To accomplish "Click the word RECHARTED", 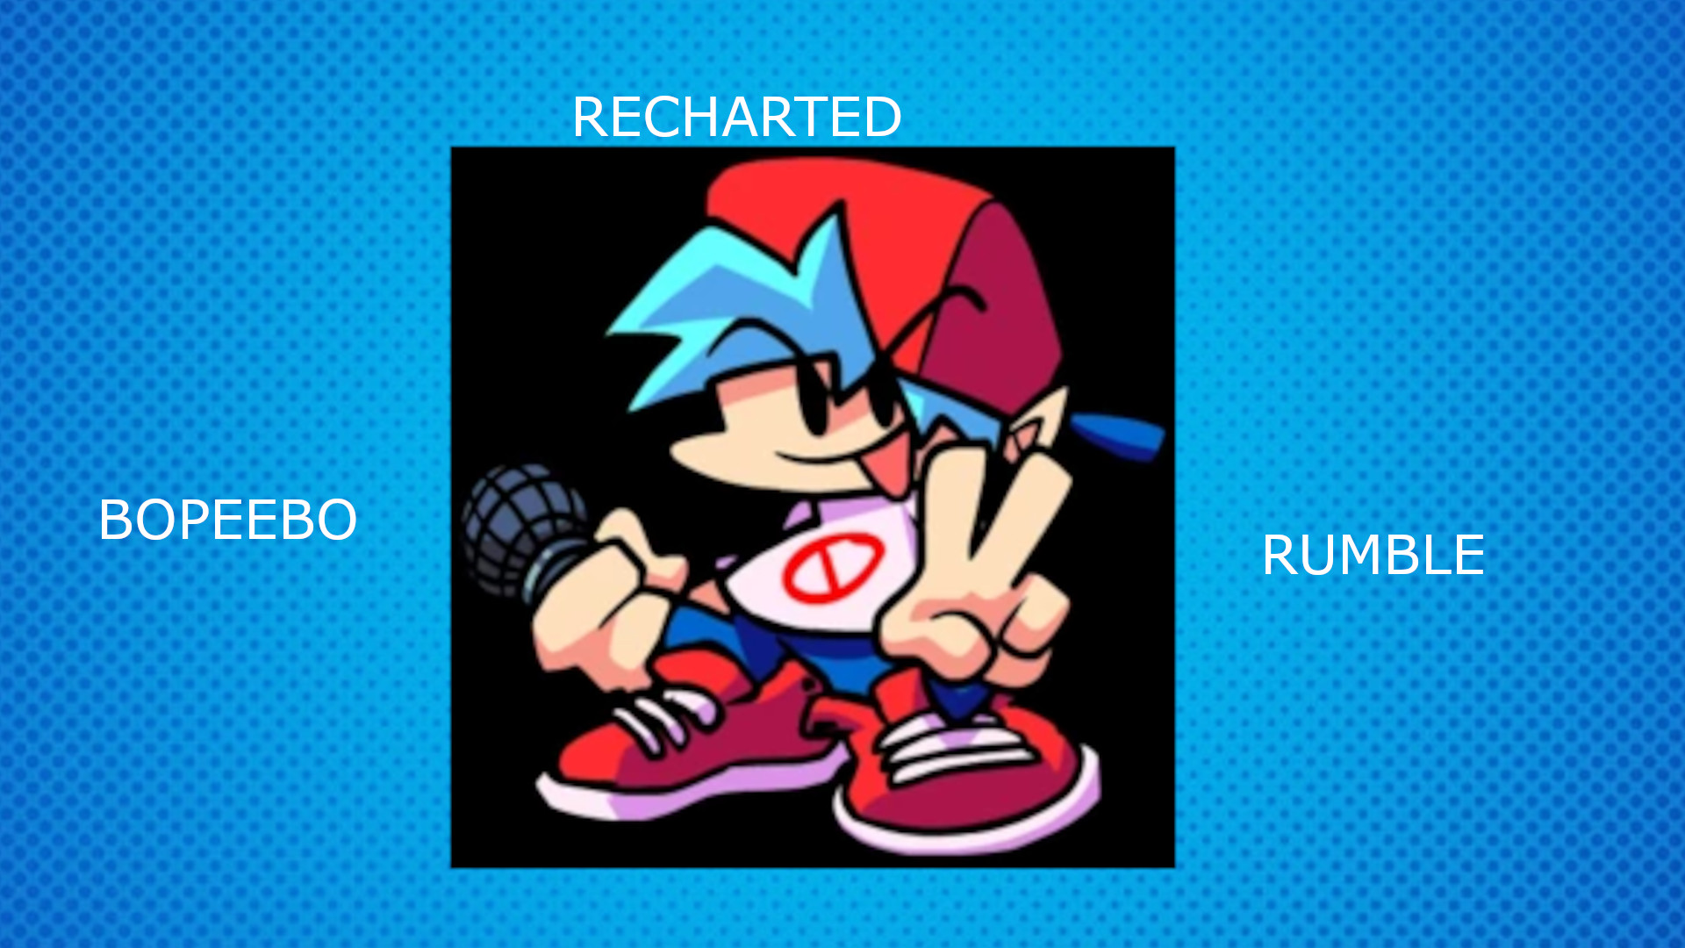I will click(x=736, y=117).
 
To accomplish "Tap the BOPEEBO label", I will click(x=227, y=520).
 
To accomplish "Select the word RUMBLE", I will click(x=1373, y=555).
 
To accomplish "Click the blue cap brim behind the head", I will click(x=1119, y=434).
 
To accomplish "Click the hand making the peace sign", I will click(x=974, y=579).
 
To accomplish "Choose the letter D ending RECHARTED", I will click(x=881, y=117).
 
